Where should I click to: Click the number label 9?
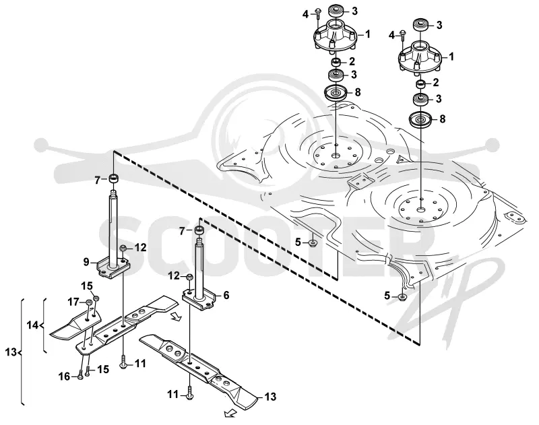[x=86, y=262]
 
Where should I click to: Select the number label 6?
[x=226, y=295]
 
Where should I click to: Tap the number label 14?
[x=32, y=325]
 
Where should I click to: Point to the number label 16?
[x=64, y=377]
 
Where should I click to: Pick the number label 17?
[x=73, y=302]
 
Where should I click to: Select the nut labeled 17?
[x=88, y=302]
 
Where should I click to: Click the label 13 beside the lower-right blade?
[x=271, y=397]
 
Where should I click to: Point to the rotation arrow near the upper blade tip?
[x=176, y=317]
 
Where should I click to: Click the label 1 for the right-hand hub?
[x=451, y=57]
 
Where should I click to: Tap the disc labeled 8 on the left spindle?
[x=335, y=93]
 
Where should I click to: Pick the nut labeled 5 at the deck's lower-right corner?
[x=403, y=297]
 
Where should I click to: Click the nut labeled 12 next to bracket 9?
[x=123, y=248]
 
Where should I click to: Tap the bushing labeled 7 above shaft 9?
[x=113, y=179]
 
